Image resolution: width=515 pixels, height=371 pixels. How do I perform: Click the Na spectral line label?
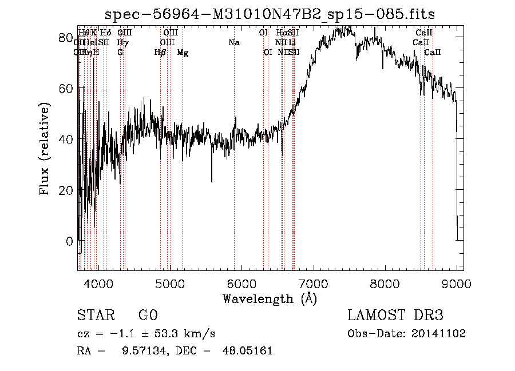(x=233, y=43)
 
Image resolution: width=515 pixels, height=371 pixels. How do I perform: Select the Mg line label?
(x=183, y=53)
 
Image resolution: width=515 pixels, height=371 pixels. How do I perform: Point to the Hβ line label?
(x=160, y=53)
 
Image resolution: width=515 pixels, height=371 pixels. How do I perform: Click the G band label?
(x=120, y=53)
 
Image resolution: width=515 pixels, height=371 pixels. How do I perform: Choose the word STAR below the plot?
(x=94, y=316)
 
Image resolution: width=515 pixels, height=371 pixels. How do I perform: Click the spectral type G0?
(x=148, y=316)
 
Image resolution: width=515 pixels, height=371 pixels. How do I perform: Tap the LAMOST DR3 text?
(x=395, y=316)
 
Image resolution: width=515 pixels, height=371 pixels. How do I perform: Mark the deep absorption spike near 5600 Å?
(x=212, y=181)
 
